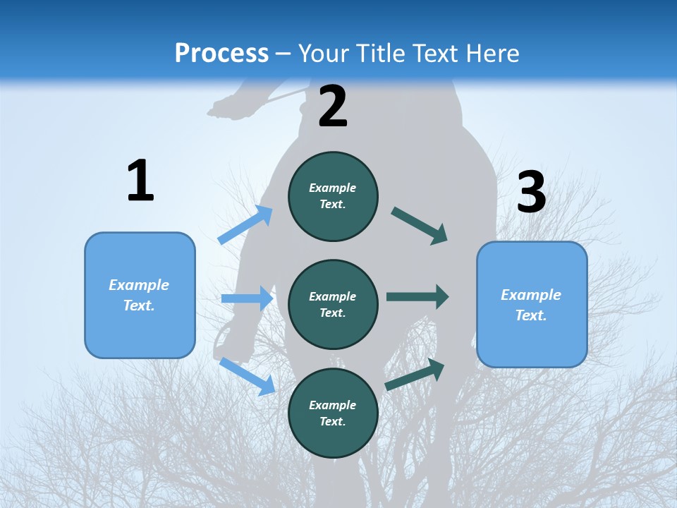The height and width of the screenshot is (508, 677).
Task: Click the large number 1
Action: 140,181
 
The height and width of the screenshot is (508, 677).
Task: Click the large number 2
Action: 333,107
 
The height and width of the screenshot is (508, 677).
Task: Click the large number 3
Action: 531,192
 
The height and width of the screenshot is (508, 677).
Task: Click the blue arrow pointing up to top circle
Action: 245,224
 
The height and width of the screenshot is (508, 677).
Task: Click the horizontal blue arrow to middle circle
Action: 247,298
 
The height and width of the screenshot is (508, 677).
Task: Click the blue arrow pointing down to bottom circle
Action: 247,376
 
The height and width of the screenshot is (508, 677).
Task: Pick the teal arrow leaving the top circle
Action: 420,226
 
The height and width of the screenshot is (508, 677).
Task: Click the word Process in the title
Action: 221,53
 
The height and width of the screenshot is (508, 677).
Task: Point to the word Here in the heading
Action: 492,53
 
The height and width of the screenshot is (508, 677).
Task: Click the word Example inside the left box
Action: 139,285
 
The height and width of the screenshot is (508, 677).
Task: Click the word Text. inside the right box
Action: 531,315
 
